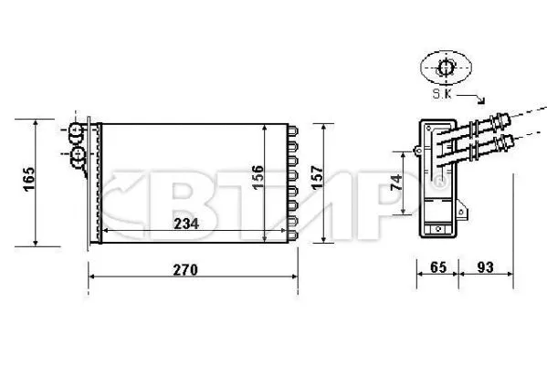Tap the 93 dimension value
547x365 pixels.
[485, 268]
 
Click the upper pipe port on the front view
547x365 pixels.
[77, 133]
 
